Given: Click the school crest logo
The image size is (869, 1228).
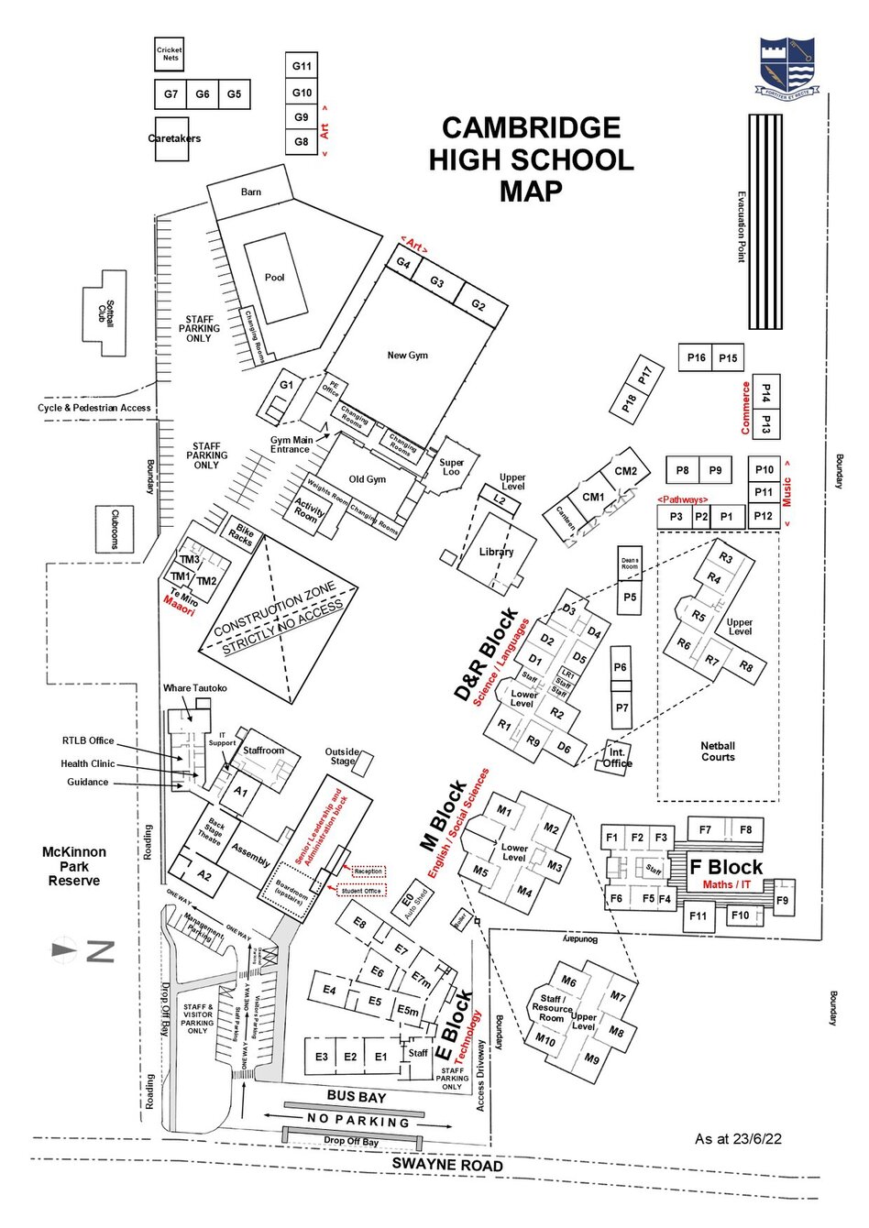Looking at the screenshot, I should tap(786, 65).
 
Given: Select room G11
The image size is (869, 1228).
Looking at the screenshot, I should tap(302, 66).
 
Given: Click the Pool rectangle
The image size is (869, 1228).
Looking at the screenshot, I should tap(275, 277).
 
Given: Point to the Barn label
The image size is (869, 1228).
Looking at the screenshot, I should tap(251, 192).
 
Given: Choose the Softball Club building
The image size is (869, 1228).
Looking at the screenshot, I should tap(109, 313).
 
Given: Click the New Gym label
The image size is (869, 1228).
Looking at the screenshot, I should tap(407, 356).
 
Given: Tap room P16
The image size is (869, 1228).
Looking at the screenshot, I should tap(697, 358).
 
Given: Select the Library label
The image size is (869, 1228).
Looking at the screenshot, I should tap(496, 552).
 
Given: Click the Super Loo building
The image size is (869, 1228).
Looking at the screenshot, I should tap(451, 466).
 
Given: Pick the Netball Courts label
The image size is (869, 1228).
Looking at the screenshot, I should tap(718, 751).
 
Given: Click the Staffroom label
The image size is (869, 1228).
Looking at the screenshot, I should tap(263, 751).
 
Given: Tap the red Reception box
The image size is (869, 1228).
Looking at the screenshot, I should tap(368, 872).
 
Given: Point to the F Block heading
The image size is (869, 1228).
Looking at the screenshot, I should tap(726, 867).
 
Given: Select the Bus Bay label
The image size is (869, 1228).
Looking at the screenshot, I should tap(357, 1097).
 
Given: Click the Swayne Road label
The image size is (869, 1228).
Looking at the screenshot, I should tap(447, 1165).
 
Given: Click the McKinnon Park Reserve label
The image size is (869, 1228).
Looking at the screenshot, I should tap(74, 866).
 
